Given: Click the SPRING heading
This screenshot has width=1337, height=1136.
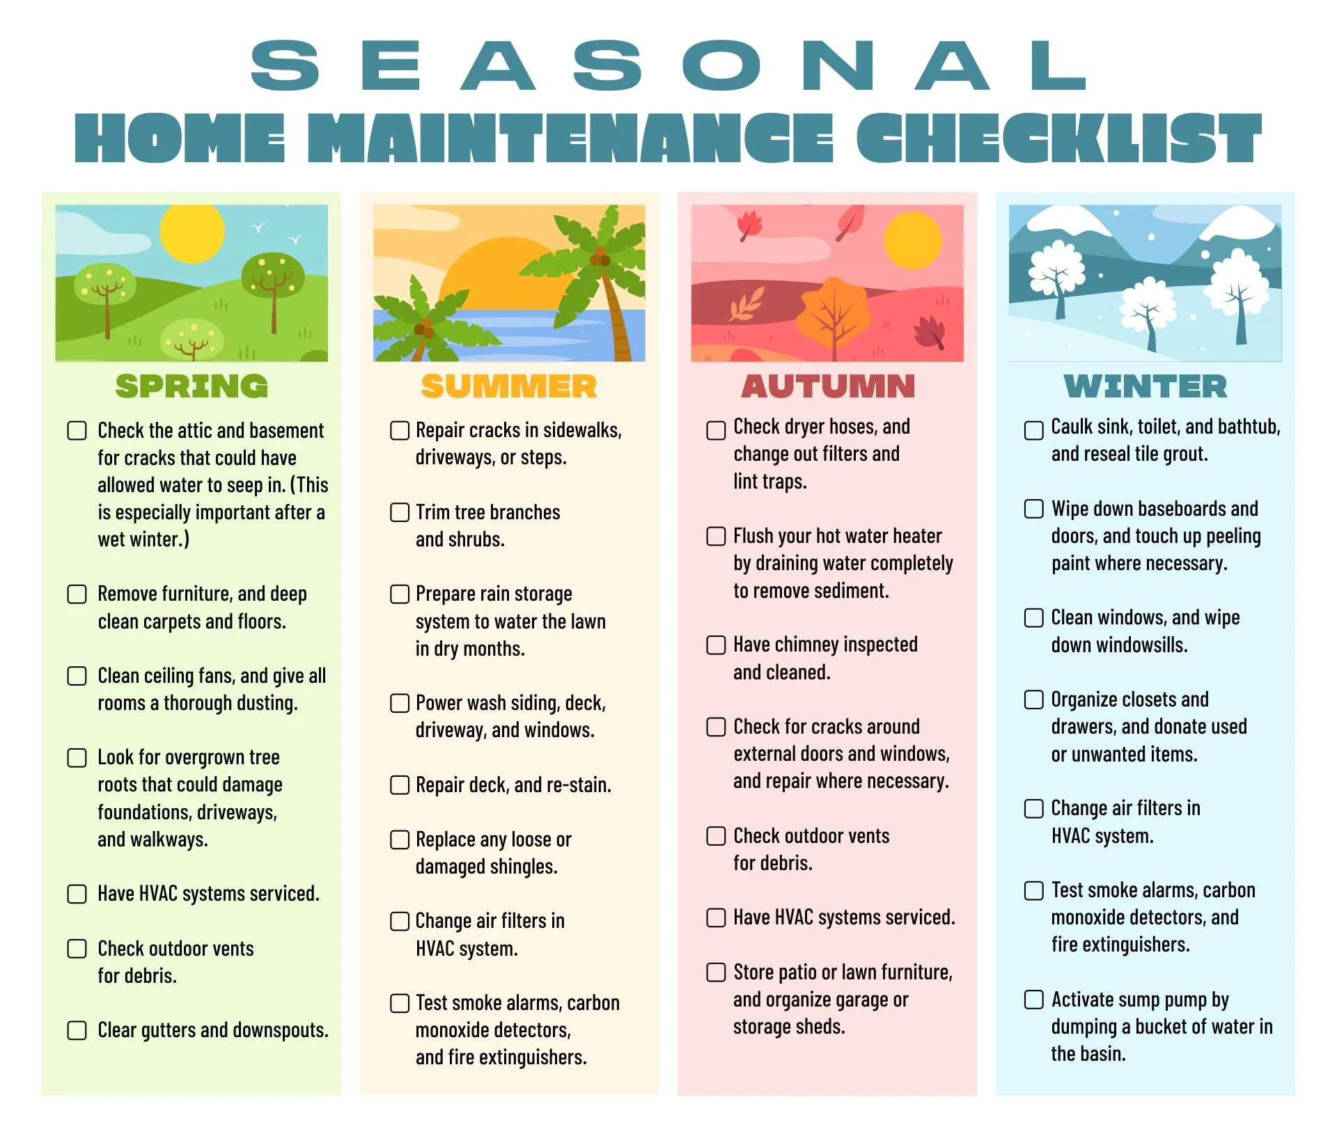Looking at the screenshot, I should (x=191, y=386).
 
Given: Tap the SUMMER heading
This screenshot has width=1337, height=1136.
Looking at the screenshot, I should (x=509, y=386).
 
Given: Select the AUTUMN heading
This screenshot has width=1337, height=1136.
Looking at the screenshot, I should (x=828, y=386).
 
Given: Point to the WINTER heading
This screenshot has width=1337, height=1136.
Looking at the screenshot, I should (x=1146, y=386).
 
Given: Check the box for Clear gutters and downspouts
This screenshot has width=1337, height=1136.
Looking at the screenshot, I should (x=77, y=1030).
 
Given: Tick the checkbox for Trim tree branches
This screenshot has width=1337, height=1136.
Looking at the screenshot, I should (x=400, y=512).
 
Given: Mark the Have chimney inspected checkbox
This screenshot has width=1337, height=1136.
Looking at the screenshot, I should (x=716, y=645).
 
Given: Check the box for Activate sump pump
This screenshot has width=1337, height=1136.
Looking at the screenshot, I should (x=1034, y=1000).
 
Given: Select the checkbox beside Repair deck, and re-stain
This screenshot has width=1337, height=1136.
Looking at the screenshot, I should (x=400, y=785).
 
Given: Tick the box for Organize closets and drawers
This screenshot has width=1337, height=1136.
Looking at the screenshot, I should (x=1034, y=700).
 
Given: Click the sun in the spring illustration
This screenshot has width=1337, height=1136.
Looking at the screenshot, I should (x=192, y=232).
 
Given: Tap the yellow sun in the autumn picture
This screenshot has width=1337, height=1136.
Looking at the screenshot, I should (x=912, y=240).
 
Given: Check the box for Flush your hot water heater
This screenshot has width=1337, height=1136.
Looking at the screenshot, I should (x=716, y=536).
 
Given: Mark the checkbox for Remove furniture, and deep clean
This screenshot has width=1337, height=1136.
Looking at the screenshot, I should (x=77, y=594).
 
